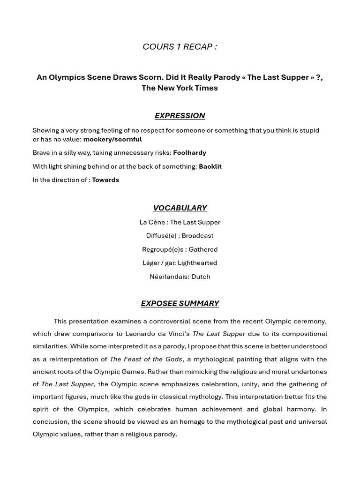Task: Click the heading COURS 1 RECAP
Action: [x=180, y=46]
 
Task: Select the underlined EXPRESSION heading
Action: [x=180, y=115]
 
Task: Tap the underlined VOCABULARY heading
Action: [x=180, y=208]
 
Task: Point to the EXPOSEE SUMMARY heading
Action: [x=180, y=303]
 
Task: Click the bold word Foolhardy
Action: [x=189, y=153]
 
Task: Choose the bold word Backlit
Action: [x=210, y=166]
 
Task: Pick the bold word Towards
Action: [x=105, y=180]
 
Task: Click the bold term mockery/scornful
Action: [x=112, y=139]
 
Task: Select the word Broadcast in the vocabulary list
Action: [x=197, y=236]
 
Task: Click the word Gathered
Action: [x=203, y=249]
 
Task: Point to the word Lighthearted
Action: [x=197, y=263]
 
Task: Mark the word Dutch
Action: [x=201, y=277]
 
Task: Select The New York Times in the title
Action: [x=180, y=88]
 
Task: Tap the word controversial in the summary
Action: [x=159, y=321]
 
